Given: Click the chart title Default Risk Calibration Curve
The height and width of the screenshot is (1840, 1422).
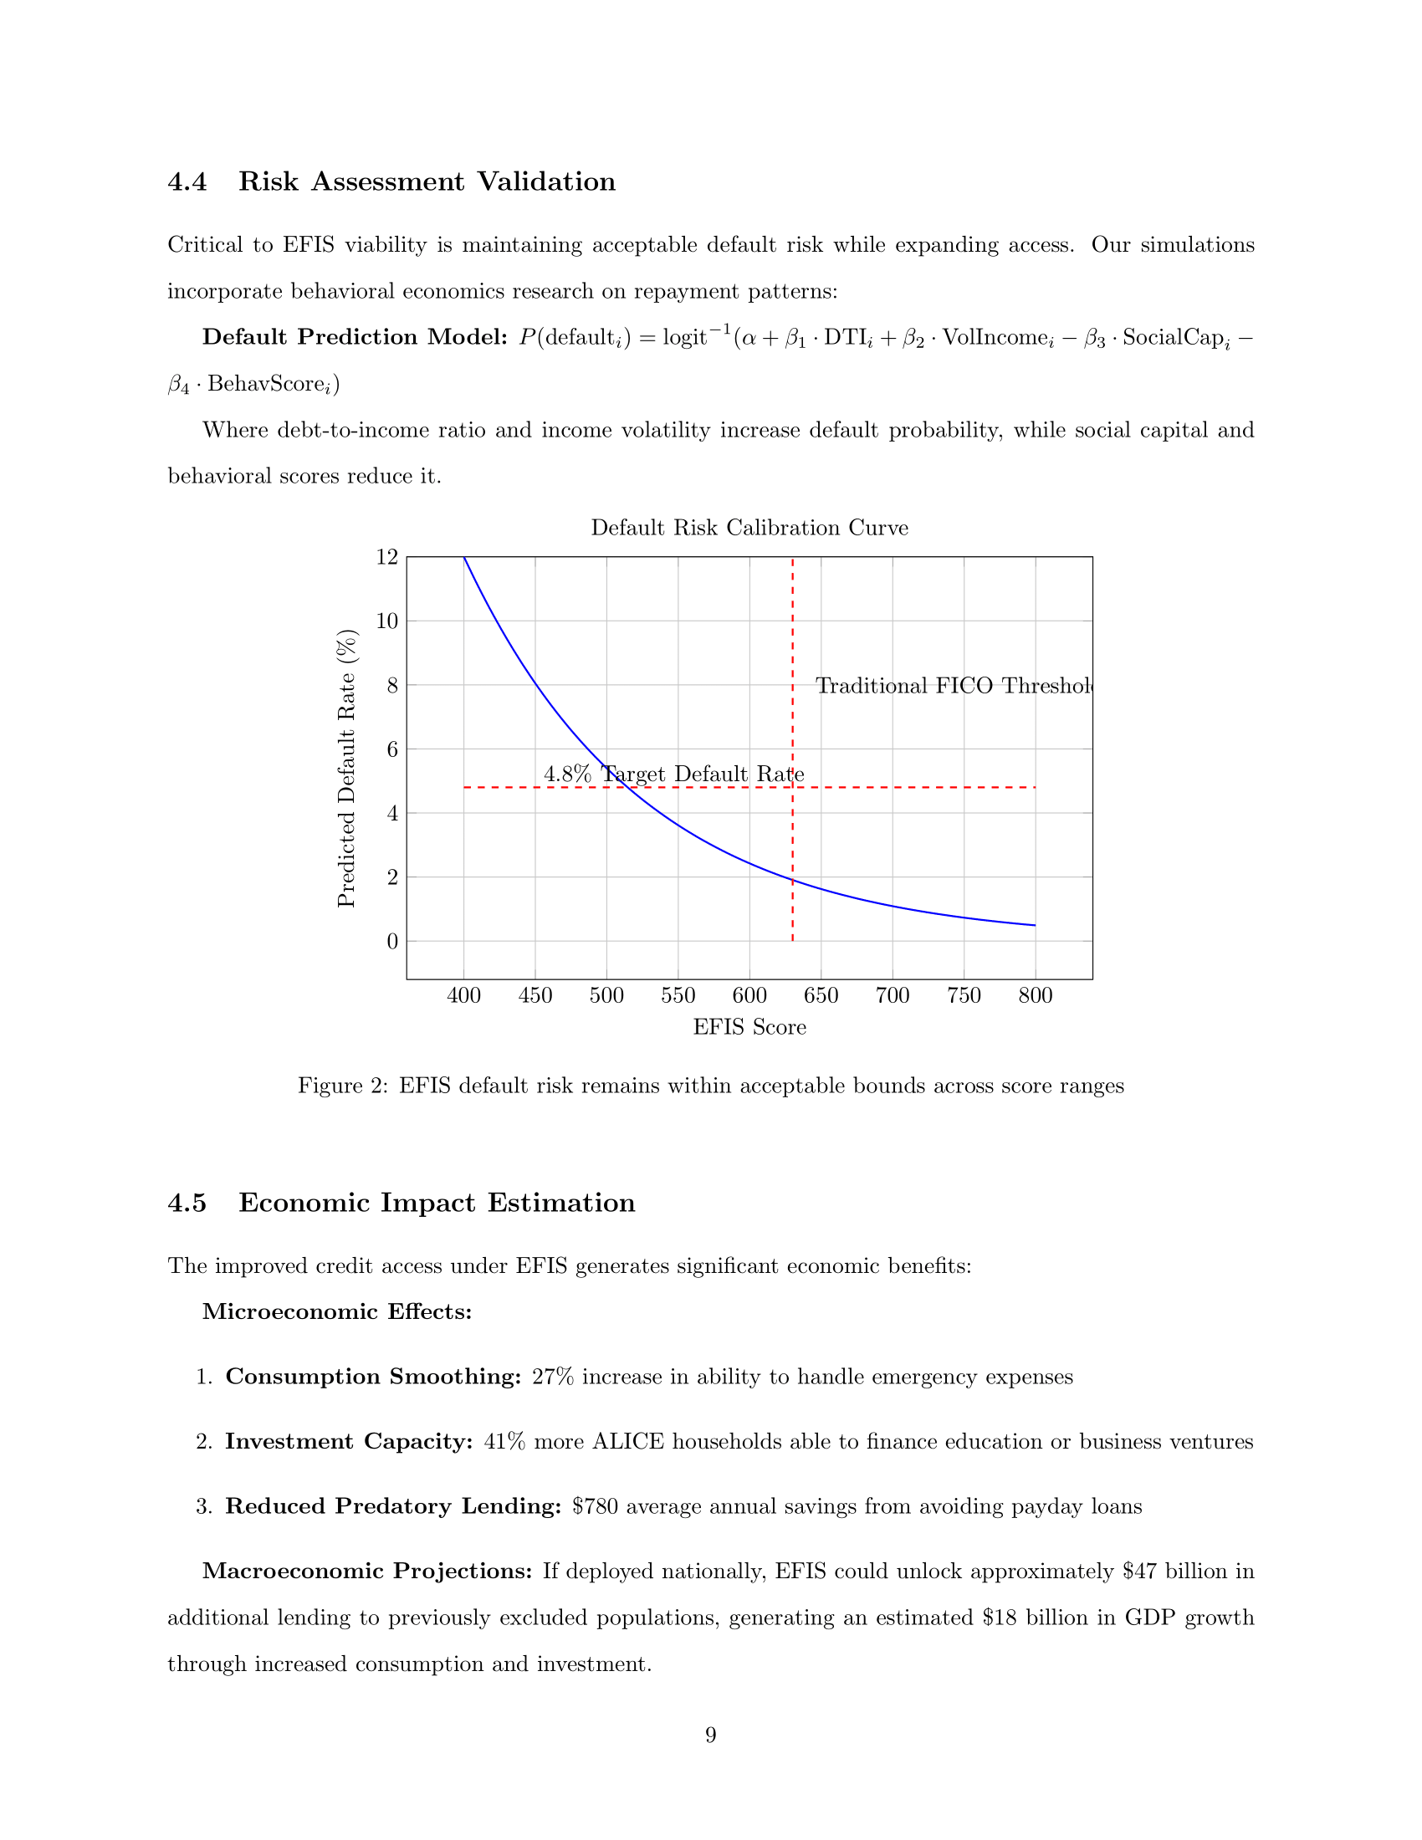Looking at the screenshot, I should coord(749,529).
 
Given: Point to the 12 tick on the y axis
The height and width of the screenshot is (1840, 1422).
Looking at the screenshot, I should coord(386,557).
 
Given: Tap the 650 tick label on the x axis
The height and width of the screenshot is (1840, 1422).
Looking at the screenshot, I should coord(821,996).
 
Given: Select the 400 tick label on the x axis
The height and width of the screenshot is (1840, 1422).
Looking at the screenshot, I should coord(463,996).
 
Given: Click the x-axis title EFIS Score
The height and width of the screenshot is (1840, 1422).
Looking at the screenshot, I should coord(749,1027).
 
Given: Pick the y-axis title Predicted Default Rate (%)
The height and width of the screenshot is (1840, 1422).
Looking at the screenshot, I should coord(346,769).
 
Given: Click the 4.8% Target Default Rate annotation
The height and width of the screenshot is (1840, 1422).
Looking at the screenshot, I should coord(673,774).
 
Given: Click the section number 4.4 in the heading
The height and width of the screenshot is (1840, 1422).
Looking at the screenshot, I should coord(187,182).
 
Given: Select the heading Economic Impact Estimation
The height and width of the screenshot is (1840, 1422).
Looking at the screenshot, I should coord(437,1203).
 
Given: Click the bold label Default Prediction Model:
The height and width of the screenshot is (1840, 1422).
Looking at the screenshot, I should coord(355,337).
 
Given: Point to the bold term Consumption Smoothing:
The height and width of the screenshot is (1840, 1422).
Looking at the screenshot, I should coord(373,1377).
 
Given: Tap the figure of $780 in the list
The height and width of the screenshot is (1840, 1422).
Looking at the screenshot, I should coord(595,1506).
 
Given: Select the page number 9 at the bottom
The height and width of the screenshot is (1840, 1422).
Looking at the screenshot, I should coord(710,1735).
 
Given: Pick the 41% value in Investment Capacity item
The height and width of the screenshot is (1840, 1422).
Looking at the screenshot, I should coord(504,1442).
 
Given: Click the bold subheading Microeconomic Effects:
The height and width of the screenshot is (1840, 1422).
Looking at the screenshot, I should coord(337,1311).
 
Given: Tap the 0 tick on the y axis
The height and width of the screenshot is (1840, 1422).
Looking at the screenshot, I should coord(391,941).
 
